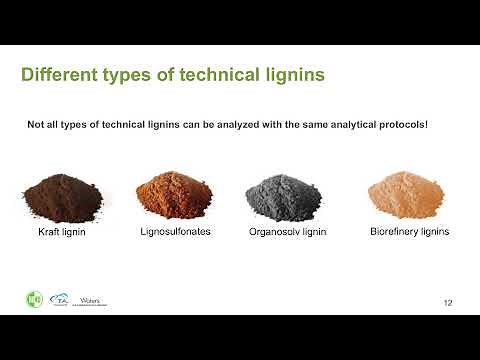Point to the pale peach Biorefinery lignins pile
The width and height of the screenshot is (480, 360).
pos(403,196)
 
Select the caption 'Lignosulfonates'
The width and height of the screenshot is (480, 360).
pos(175,232)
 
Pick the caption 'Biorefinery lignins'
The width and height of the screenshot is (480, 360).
pos(403,232)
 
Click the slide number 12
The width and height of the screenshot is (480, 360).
pos(449,301)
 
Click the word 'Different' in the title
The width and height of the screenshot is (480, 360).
pos(58,75)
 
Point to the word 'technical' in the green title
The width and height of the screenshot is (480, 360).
pos(218,75)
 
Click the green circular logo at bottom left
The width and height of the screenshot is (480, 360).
pos(33,298)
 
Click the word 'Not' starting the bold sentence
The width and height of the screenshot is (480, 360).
pos(35,126)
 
